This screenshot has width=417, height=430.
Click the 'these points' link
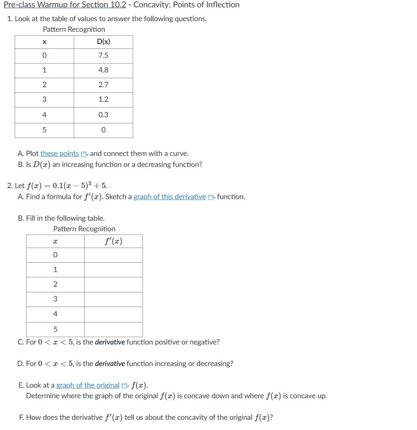pyautogui.click(x=59, y=154)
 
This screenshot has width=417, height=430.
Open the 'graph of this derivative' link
pyautogui.click(x=169, y=197)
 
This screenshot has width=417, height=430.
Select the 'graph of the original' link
pyautogui.click(x=88, y=385)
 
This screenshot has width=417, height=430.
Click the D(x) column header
pyautogui.click(x=103, y=42)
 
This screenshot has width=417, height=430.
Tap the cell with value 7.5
pyautogui.click(x=103, y=55)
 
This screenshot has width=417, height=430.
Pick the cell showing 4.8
pyautogui.click(x=103, y=70)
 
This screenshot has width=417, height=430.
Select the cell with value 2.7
pyautogui.click(x=103, y=85)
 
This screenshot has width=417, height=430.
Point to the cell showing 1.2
pyautogui.click(x=103, y=99)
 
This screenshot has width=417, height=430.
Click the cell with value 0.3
pyautogui.click(x=103, y=115)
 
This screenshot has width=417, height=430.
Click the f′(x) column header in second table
pyautogui.click(x=113, y=241)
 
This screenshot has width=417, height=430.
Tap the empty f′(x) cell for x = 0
pyautogui.click(x=113, y=255)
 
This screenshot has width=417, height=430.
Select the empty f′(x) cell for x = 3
pyautogui.click(x=113, y=299)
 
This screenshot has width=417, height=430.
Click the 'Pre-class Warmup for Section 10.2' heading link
pyautogui.click(x=65, y=5)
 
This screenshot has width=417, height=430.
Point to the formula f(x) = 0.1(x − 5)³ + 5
pyautogui.click(x=67, y=186)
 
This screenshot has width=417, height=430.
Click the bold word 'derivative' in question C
pyautogui.click(x=110, y=342)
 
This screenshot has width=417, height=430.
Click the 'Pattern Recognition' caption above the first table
pyautogui.click(x=74, y=29)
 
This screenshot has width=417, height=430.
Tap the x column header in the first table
pyautogui.click(x=44, y=42)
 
